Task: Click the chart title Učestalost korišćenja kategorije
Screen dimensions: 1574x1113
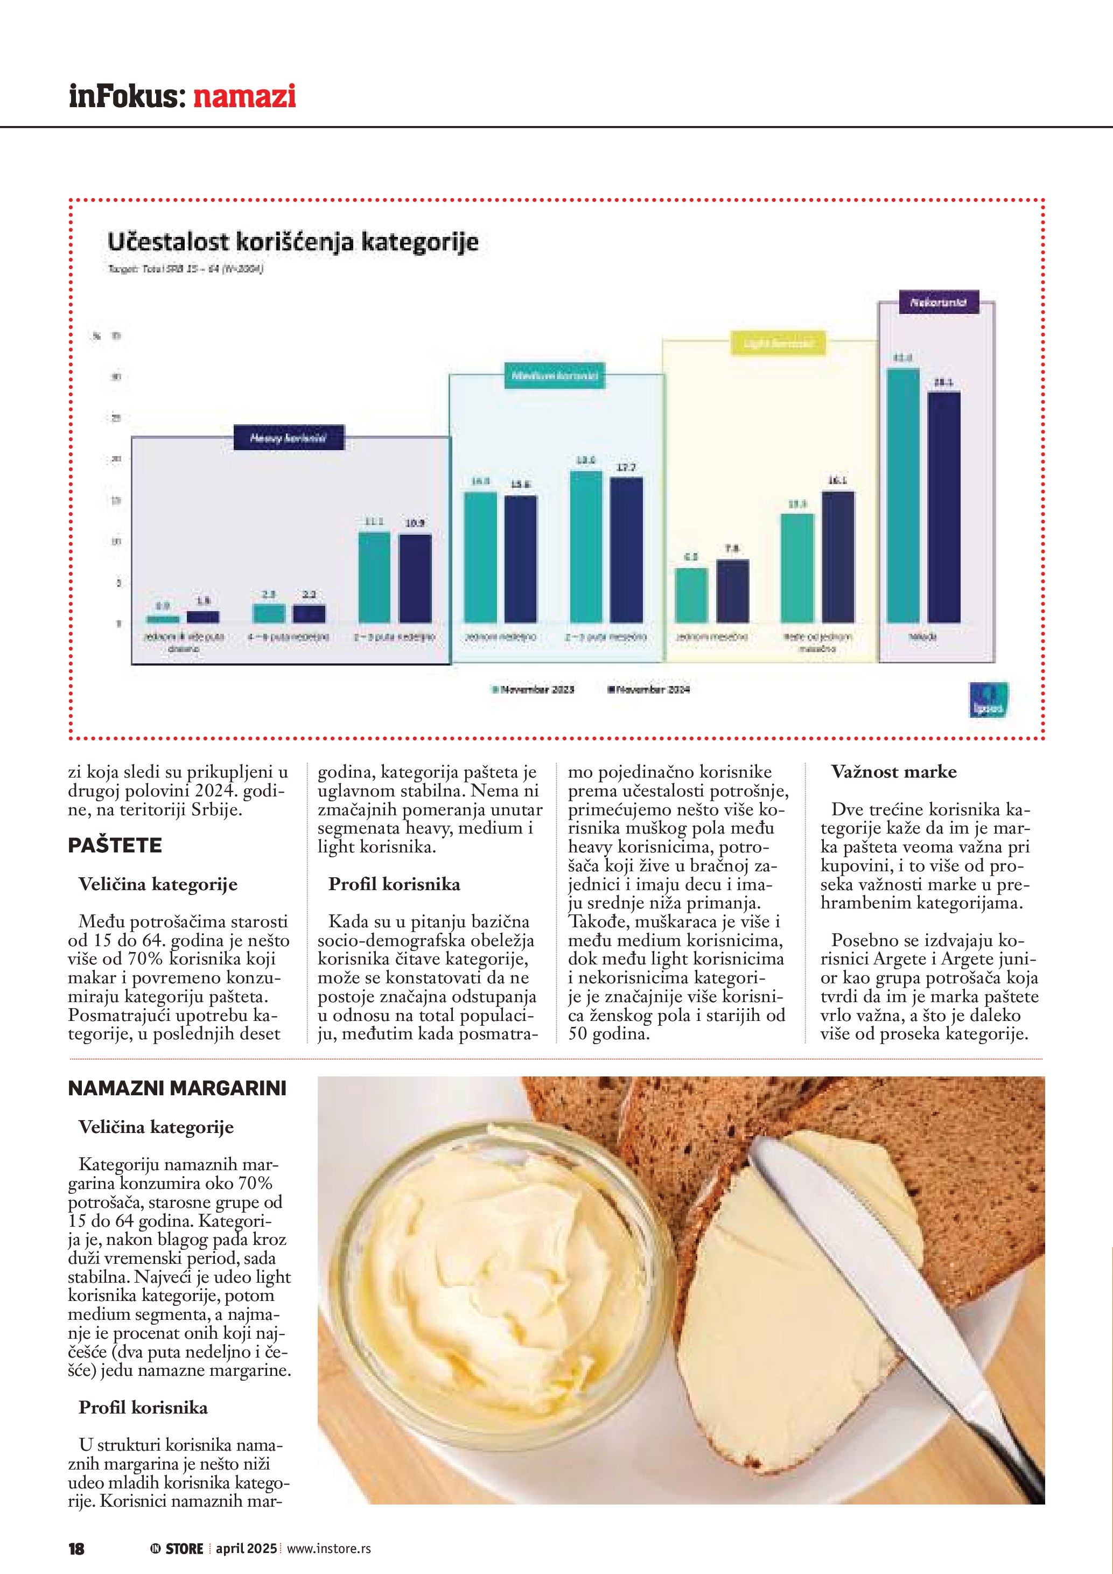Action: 292,242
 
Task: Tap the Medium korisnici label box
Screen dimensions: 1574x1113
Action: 555,376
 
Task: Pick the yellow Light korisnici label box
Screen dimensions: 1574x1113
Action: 778,343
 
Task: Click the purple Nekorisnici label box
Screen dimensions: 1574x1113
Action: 937,302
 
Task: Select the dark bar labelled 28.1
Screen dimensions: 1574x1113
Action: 944,507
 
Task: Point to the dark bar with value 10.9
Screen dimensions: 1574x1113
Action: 415,578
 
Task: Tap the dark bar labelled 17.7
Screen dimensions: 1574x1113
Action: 626,550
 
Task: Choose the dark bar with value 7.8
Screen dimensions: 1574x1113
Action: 733,591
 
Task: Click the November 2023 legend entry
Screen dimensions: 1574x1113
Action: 533,689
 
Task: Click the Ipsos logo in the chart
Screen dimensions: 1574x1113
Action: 988,701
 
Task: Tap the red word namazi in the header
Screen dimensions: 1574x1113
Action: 244,96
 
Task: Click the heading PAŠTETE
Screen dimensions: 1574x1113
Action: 115,845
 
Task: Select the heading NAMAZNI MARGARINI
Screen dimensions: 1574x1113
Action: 177,1089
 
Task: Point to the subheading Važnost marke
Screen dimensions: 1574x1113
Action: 894,772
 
